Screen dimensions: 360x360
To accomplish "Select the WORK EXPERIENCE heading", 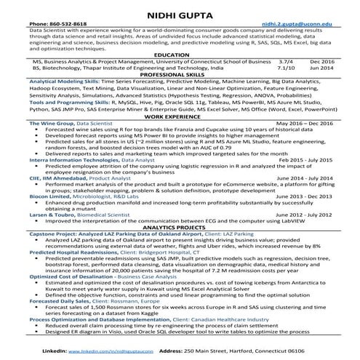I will [x=180, y=136].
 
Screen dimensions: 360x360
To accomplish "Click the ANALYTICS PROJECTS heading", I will [x=180, y=227].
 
